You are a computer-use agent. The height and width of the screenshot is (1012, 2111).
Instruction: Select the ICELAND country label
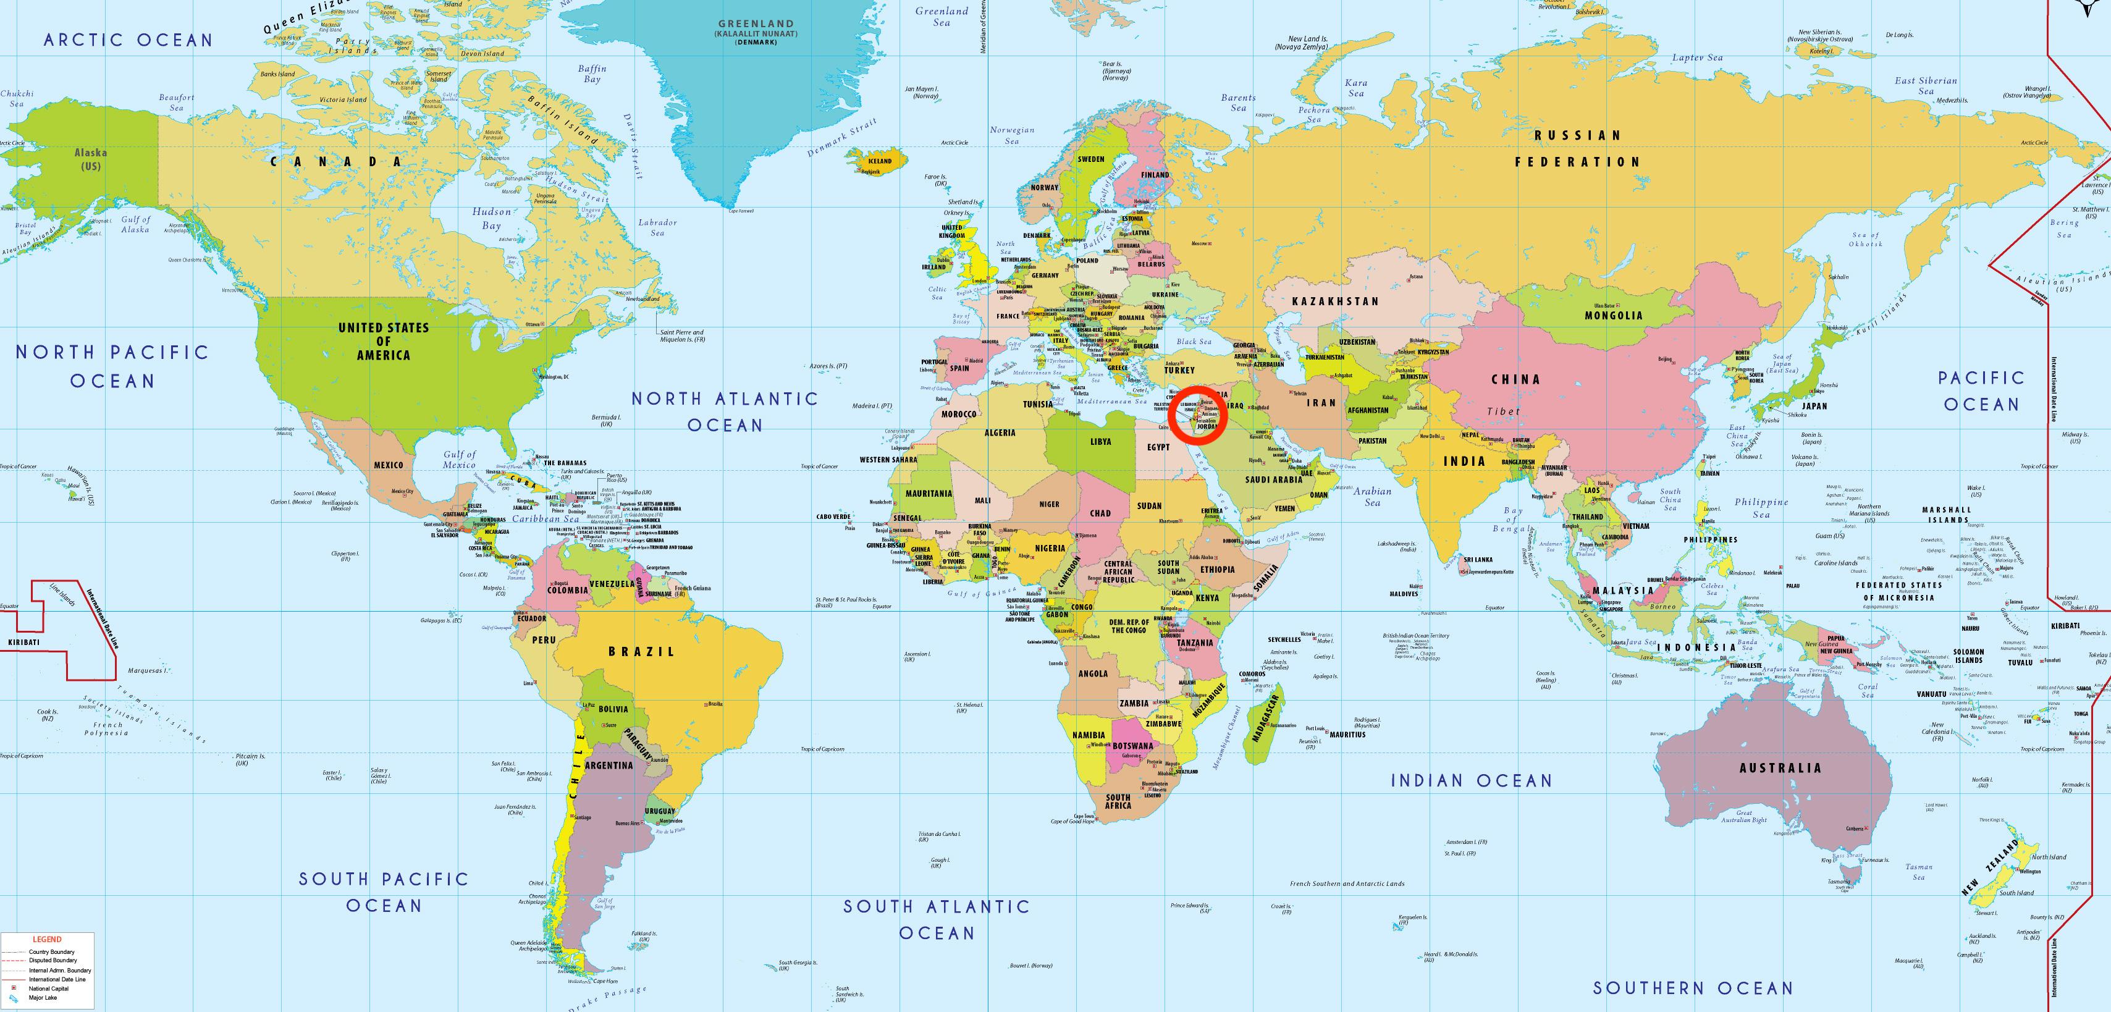(879, 161)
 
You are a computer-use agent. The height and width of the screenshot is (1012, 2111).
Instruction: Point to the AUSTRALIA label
(1780, 768)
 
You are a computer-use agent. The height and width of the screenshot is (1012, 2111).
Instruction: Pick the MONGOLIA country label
(1613, 314)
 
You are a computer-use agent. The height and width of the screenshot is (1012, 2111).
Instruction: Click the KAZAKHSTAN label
(1335, 301)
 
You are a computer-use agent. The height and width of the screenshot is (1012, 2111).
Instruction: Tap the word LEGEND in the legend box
(47, 939)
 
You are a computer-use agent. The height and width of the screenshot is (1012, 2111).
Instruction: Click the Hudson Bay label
(491, 218)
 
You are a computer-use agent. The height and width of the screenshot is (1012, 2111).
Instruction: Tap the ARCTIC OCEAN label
(128, 40)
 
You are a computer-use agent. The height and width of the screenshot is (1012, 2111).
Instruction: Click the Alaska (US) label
(91, 159)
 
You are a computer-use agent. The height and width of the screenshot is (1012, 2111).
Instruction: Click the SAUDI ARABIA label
(1273, 479)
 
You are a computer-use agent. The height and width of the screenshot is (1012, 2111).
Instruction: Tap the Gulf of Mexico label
(459, 459)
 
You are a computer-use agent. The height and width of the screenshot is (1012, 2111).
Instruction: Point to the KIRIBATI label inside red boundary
(23, 643)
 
